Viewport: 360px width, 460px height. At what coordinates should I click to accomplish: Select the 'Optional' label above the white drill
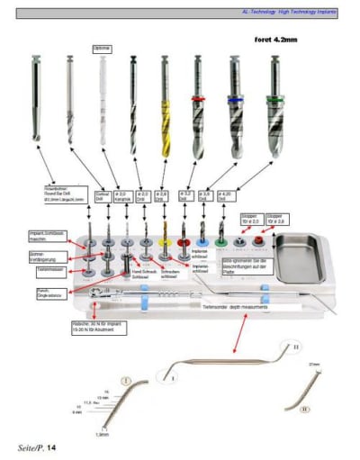point(102,46)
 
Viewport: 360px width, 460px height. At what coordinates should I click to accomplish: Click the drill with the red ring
point(198,108)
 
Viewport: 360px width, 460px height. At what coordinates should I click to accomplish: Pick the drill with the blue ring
point(236,108)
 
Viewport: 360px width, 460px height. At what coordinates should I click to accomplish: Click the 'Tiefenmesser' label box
point(51,267)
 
